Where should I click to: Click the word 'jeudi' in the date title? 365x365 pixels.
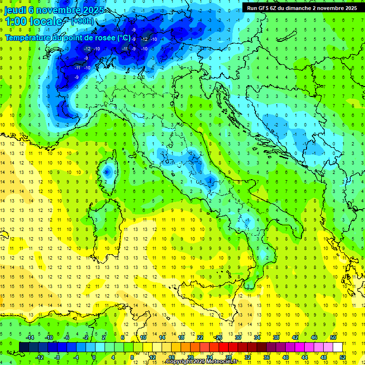point(16,10)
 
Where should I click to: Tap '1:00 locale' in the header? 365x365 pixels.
point(33,21)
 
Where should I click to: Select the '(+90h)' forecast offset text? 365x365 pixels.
point(82,21)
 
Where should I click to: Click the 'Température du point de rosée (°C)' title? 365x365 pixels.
point(67,38)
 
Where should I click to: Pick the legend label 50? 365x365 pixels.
point(333,337)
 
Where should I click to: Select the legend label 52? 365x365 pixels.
point(343,357)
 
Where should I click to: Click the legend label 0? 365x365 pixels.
point(94,357)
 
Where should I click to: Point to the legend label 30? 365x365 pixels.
point(238,337)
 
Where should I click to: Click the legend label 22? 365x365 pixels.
point(200,337)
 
